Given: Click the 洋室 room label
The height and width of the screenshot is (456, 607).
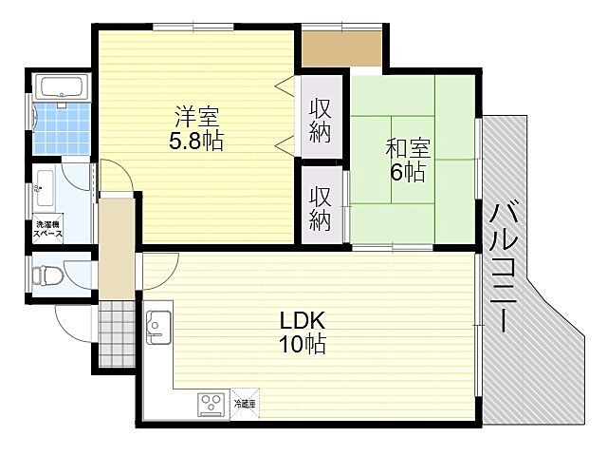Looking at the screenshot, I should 197,119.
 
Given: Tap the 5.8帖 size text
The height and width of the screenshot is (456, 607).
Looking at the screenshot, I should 197,142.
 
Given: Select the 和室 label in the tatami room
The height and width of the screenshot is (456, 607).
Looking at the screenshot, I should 408,149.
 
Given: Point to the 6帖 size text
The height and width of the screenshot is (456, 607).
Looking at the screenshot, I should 408,172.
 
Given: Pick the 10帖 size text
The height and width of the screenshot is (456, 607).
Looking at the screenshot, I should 303,344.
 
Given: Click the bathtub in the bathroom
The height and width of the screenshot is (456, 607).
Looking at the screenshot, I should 63,88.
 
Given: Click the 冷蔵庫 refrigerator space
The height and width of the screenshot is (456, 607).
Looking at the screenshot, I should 244,403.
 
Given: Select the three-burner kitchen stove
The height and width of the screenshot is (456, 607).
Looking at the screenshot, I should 210,403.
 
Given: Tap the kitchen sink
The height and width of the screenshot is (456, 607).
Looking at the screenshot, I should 157,327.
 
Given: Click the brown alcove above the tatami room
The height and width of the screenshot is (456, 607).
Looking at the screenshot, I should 341,47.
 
